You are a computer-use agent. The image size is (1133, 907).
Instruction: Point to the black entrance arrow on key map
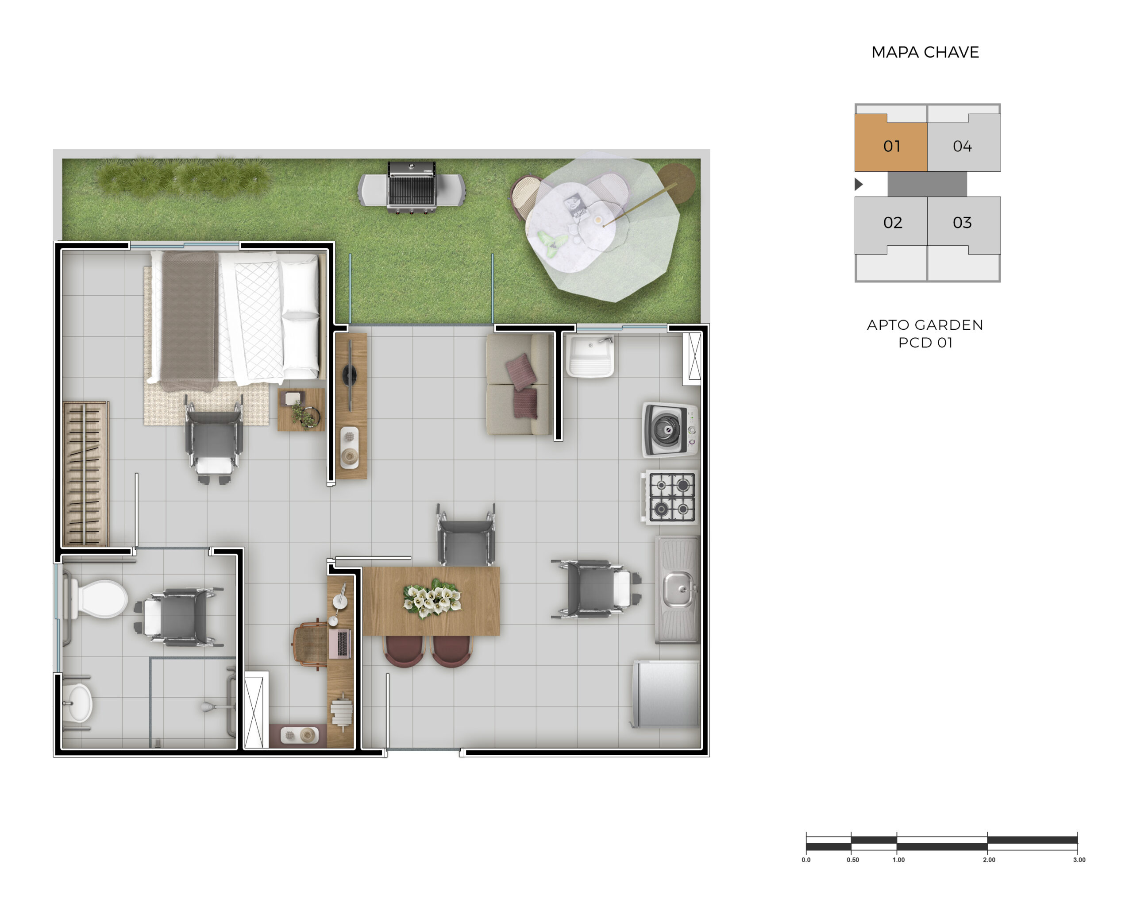(x=859, y=184)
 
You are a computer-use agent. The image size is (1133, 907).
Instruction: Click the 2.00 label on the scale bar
(x=988, y=860)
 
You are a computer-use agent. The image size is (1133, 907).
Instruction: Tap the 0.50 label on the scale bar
(x=852, y=860)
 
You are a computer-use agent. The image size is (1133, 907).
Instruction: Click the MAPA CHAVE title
(x=925, y=52)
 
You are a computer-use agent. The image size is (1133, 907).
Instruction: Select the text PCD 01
(x=925, y=343)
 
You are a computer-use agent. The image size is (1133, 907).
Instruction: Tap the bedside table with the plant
(x=301, y=410)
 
